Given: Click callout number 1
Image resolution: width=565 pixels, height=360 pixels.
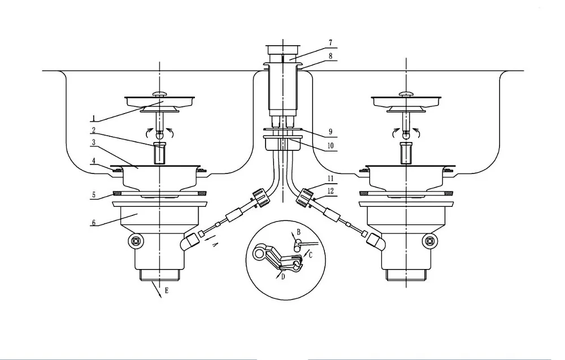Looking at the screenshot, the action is [x=93, y=118].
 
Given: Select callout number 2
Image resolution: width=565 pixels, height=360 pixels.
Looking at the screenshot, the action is [x=93, y=130].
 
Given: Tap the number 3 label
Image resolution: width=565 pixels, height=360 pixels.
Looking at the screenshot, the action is [x=94, y=142].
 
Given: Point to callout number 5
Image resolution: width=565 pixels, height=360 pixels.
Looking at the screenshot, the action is [x=94, y=195].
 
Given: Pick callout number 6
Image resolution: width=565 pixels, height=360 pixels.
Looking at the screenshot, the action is [x=94, y=222].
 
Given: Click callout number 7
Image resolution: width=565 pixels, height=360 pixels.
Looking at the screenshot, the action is [x=331, y=43].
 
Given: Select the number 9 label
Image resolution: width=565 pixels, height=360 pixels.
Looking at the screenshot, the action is [x=331, y=132].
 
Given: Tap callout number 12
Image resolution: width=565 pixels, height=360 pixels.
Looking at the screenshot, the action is [x=331, y=191].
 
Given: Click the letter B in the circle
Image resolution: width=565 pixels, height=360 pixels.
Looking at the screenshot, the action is [x=298, y=232].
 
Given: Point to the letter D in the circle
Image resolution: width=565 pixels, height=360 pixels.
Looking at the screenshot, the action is [x=283, y=277].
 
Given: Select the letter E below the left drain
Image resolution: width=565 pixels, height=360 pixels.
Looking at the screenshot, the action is [x=166, y=290].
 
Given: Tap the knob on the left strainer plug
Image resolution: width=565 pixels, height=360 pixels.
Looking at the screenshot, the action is [x=160, y=93].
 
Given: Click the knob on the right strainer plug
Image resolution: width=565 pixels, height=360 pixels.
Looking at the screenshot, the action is [x=406, y=93].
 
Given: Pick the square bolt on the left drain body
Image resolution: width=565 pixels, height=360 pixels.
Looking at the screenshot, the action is [x=136, y=240].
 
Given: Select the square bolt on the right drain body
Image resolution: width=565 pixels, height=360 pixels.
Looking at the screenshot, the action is [x=429, y=240].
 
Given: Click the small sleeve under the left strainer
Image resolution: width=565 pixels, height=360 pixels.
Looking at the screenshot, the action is [x=159, y=153].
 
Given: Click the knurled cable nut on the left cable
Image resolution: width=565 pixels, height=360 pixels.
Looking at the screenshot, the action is [x=261, y=197].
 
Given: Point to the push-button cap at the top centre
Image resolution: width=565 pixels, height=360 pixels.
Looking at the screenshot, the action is [x=283, y=49].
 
